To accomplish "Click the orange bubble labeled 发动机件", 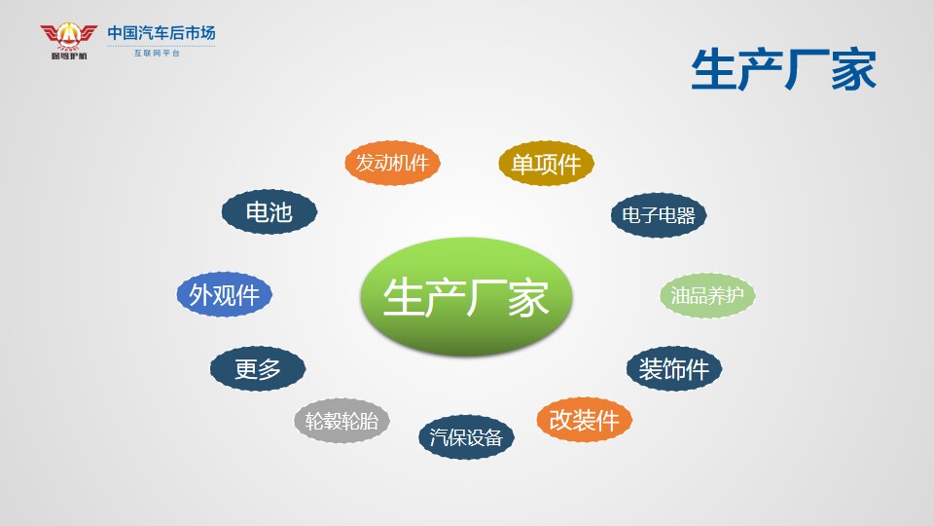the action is (x=392, y=163).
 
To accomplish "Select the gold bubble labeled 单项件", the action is (x=546, y=164).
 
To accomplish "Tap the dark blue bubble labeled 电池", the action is (x=269, y=211).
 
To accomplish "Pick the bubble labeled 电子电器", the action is (x=659, y=214).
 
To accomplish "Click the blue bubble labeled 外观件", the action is (x=224, y=294).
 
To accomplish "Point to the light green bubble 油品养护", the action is (x=707, y=295).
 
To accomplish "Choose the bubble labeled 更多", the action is (x=257, y=368).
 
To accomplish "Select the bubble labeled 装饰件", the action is (x=673, y=368).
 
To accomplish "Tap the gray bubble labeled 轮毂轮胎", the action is (x=341, y=421).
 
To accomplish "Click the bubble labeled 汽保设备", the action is (x=466, y=437).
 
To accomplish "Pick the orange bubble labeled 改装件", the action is (x=584, y=420).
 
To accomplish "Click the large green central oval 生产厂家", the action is (x=466, y=296).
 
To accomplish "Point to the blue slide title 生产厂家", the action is (x=783, y=70).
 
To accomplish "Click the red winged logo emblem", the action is (x=68, y=36).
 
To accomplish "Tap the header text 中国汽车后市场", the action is (x=162, y=33).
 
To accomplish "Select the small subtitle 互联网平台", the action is (x=157, y=53).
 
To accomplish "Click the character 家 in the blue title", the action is (x=853, y=70).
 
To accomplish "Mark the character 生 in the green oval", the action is (x=402, y=297).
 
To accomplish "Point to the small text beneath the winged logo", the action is (x=69, y=56).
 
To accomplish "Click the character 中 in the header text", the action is (x=115, y=33).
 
